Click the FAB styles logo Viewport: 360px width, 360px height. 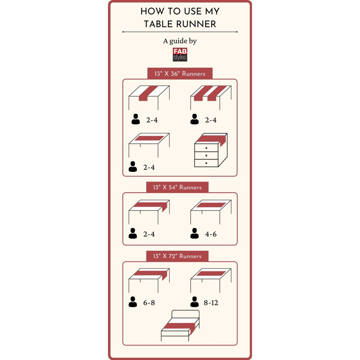coord(180,54)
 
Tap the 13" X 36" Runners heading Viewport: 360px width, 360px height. coord(180,74)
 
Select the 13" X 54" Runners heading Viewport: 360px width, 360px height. coord(177,187)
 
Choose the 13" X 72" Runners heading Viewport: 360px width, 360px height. coord(177,256)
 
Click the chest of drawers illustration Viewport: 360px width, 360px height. coord(211,150)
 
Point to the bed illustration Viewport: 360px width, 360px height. coord(180,325)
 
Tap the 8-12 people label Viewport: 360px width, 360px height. coord(211,302)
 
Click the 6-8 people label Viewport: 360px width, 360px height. coord(149,302)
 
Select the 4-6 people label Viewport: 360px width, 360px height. coord(211,234)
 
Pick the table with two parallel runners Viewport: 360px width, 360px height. coord(211,98)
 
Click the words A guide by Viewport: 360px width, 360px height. coord(180,41)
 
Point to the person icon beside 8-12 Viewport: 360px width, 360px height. coord(194,301)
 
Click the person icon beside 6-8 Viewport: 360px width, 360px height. coord(133,301)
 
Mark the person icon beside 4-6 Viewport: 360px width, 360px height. coord(194,233)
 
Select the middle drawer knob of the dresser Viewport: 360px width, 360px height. coord(206,155)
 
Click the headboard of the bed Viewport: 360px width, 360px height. coord(185,314)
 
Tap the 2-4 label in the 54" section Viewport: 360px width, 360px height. coord(149,234)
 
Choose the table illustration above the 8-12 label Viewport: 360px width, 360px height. coord(211,280)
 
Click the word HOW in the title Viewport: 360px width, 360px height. coord(152,11)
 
